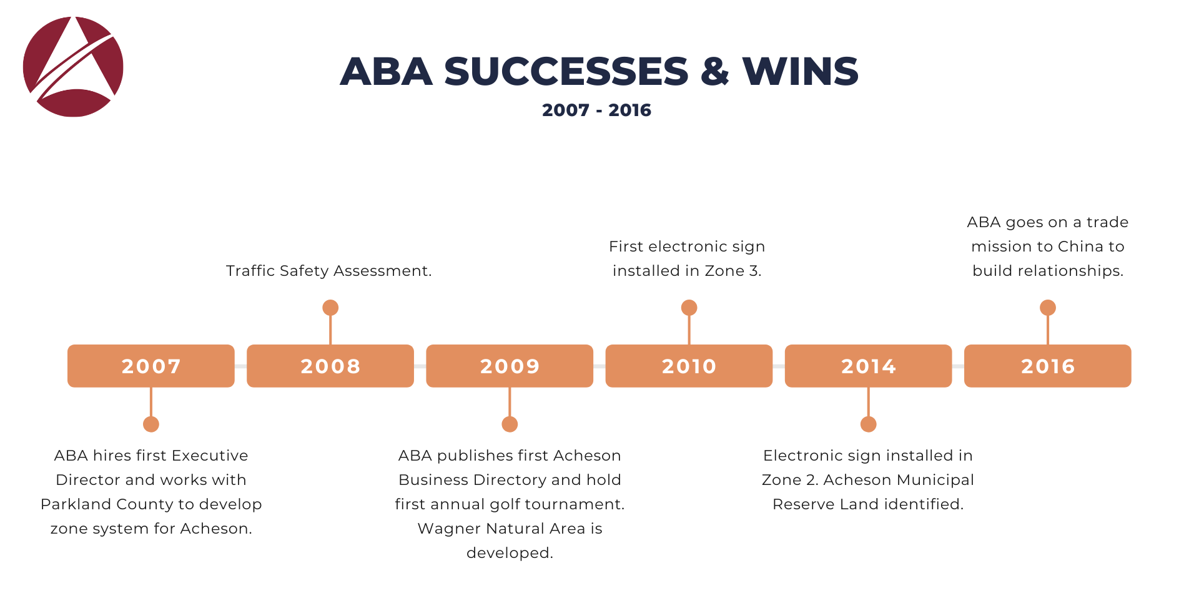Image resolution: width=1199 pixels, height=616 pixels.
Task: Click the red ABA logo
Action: click(73, 67)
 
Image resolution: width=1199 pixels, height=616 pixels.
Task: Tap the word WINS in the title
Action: click(801, 71)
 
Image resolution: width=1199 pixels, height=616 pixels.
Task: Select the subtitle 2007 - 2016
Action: click(596, 110)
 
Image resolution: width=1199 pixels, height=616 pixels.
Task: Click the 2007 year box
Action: click(151, 366)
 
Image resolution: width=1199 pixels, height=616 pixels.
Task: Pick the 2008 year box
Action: click(330, 366)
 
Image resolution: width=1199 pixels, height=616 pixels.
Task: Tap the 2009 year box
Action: click(510, 366)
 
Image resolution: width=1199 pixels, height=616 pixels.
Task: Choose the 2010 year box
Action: click(689, 366)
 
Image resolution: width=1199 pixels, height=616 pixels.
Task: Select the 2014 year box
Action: click(868, 366)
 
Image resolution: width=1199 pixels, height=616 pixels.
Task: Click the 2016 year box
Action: click(1048, 366)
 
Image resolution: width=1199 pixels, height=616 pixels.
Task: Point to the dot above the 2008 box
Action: click(330, 308)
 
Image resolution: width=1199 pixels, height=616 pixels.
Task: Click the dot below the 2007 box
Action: click(151, 424)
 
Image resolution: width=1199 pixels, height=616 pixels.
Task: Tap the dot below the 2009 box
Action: click(510, 424)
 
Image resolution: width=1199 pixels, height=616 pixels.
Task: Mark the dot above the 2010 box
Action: click(689, 308)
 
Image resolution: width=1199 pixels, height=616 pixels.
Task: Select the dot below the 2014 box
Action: click(868, 424)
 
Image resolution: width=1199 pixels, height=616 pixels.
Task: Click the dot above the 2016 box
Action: click(1048, 308)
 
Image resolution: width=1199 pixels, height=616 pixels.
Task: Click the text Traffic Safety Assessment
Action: click(329, 271)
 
